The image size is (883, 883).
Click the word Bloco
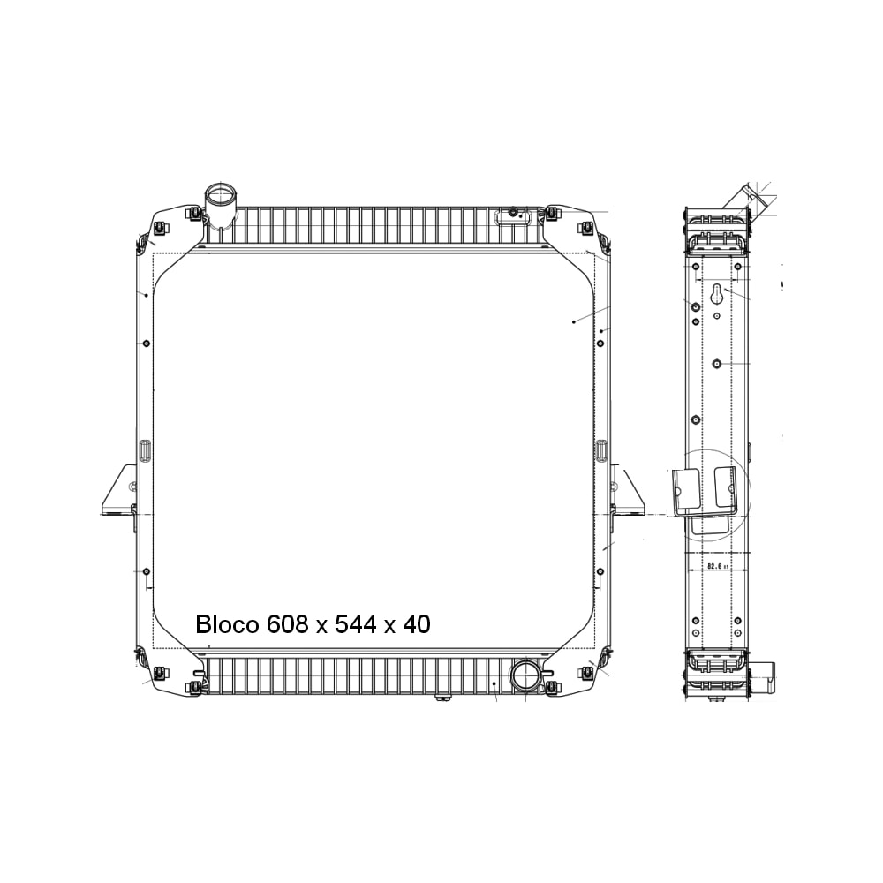(227, 625)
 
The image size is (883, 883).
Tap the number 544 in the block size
(355, 625)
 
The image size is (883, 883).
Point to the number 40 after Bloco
(417, 625)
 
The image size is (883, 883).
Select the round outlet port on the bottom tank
(526, 677)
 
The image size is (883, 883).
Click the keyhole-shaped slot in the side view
(718, 296)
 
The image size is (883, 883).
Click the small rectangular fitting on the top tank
(513, 214)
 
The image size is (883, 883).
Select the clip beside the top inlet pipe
(193, 214)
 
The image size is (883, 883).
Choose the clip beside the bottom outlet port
(551, 686)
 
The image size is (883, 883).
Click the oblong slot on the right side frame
(601, 450)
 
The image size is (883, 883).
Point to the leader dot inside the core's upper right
(574, 322)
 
